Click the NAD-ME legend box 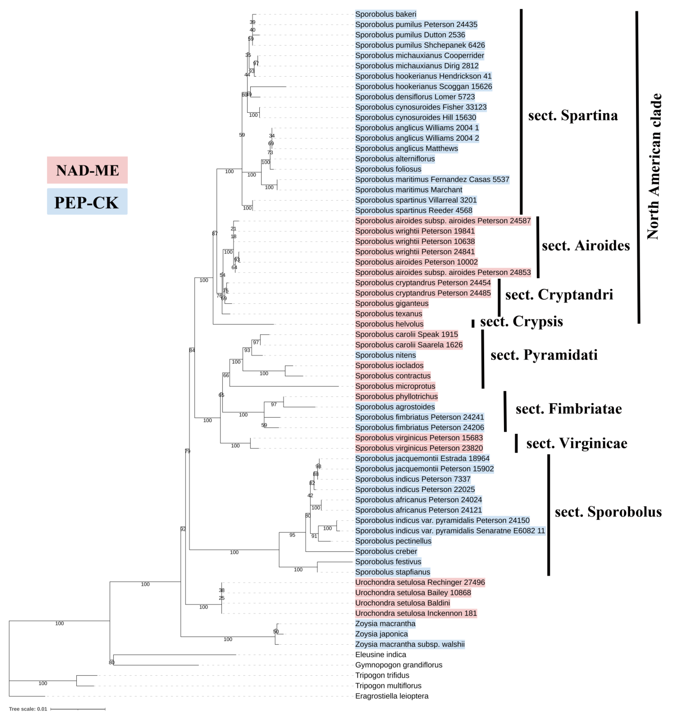coord(87,170)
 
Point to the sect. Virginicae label coord(576,443)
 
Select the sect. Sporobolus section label coord(608,512)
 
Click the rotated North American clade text coord(654,166)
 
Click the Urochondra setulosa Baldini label coord(402,603)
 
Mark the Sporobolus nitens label coord(385,355)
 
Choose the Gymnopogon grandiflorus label coord(398,665)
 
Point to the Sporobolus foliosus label coord(388,169)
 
